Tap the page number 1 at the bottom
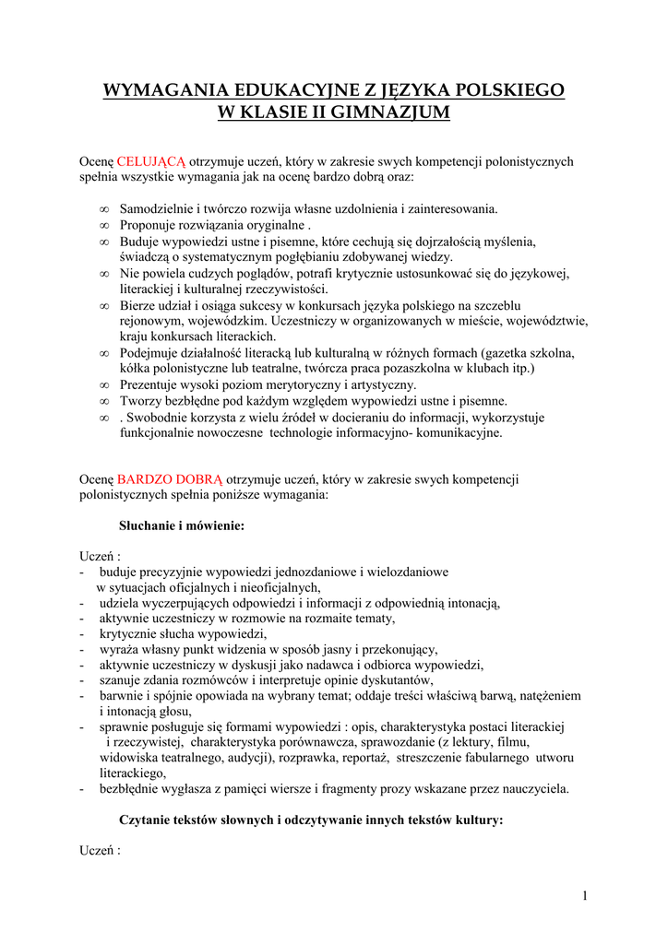[585, 896]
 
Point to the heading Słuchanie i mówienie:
[182, 525]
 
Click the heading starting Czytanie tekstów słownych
[311, 820]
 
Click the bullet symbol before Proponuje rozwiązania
[104, 226]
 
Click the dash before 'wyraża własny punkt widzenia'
[83, 649]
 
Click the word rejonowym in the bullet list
[151, 321]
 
